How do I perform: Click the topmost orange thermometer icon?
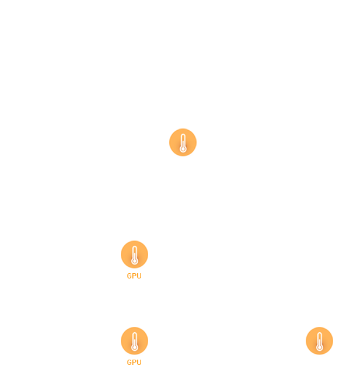183,143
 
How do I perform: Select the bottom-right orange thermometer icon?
319,342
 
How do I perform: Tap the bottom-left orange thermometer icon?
134,342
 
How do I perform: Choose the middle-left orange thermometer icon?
134,255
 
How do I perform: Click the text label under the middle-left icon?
134,276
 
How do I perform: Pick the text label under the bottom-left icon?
134,362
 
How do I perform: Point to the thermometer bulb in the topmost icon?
183,149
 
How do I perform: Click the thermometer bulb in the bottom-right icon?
319,347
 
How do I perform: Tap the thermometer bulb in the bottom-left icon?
134,347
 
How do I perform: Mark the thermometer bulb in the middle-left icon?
134,261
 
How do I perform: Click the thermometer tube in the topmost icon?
183,140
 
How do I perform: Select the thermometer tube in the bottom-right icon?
319,338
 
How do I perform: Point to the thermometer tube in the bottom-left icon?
134,338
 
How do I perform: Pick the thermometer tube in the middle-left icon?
134,252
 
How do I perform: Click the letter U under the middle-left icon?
138,276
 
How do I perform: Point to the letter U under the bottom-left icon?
138,362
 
